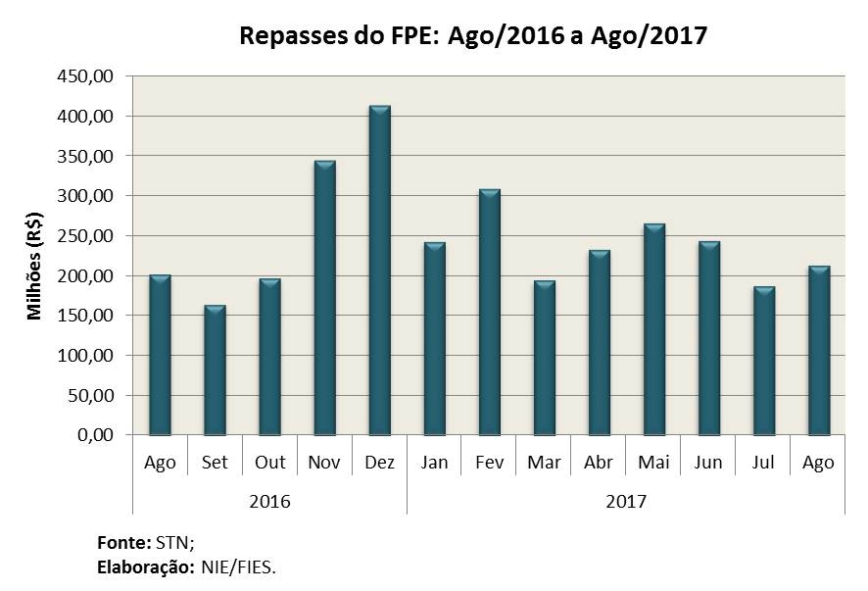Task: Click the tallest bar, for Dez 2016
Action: [x=380, y=271]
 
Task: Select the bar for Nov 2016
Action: [x=325, y=298]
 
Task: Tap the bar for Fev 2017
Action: [x=490, y=313]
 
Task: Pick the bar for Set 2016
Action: [x=215, y=370]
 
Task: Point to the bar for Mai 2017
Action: [x=654, y=329]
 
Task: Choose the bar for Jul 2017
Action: [x=764, y=361]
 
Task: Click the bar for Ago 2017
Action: [x=819, y=351]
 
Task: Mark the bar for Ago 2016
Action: [x=160, y=355]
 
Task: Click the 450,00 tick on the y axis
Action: [x=84, y=75]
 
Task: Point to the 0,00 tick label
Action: [x=95, y=435]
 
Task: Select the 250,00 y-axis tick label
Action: [x=84, y=235]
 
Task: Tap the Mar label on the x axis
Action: [x=544, y=462]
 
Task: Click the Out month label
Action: [x=269, y=462]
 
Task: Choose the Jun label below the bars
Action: [x=708, y=462]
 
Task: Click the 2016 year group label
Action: [x=269, y=501]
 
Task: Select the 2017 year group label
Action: [x=626, y=501]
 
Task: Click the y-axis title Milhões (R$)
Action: [x=34, y=266]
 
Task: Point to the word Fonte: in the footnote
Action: [x=124, y=543]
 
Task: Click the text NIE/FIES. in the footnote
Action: [x=239, y=567]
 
